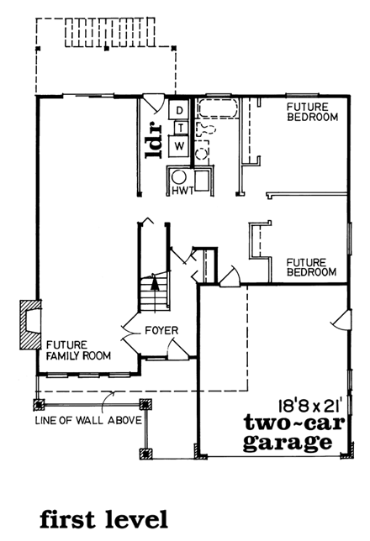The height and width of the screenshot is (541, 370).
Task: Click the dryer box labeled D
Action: (x=179, y=109)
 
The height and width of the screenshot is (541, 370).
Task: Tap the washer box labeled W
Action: (x=179, y=145)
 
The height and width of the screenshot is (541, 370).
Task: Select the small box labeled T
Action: (x=179, y=127)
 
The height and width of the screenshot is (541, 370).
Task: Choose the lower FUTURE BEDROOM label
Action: (x=311, y=266)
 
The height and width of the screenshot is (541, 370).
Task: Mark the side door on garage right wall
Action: (x=341, y=322)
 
